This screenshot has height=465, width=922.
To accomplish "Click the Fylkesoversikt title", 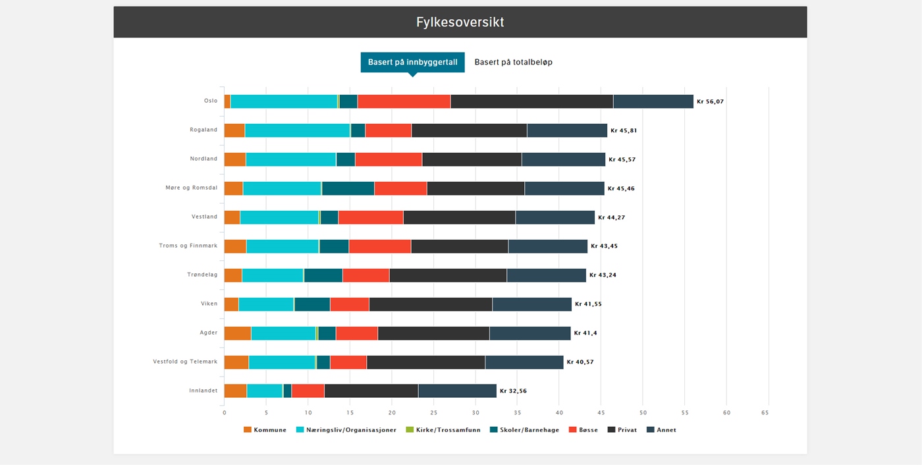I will point(460,22).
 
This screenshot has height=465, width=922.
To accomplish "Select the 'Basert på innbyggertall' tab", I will point(412,63).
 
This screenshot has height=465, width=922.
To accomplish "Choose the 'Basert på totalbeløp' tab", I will point(513,63).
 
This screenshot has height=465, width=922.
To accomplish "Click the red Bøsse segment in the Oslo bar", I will point(404,101).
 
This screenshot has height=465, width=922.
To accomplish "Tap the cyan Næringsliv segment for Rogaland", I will point(297,130).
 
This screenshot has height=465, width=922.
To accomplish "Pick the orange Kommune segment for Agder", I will point(237,333).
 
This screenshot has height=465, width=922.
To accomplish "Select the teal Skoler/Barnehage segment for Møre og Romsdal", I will point(348,188).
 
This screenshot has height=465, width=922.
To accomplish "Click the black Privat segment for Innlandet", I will point(371,391).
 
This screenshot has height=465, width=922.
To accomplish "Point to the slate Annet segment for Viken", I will point(531,304).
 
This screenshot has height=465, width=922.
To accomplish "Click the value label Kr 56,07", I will point(710,102).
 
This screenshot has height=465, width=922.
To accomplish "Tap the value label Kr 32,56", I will point(513,391).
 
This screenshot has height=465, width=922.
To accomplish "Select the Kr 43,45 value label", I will point(604,246).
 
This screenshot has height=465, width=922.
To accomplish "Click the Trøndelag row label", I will point(202,275).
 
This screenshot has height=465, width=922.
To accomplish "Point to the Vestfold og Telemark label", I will point(185,362).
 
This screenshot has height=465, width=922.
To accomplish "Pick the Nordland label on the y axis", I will point(203,159).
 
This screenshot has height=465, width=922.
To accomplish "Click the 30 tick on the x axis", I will point(475,413).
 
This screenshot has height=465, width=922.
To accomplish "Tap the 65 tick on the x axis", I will point(765,413).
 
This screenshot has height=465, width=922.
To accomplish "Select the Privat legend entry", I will point(622,430).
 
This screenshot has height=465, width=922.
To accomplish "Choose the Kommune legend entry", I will point(265,430).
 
